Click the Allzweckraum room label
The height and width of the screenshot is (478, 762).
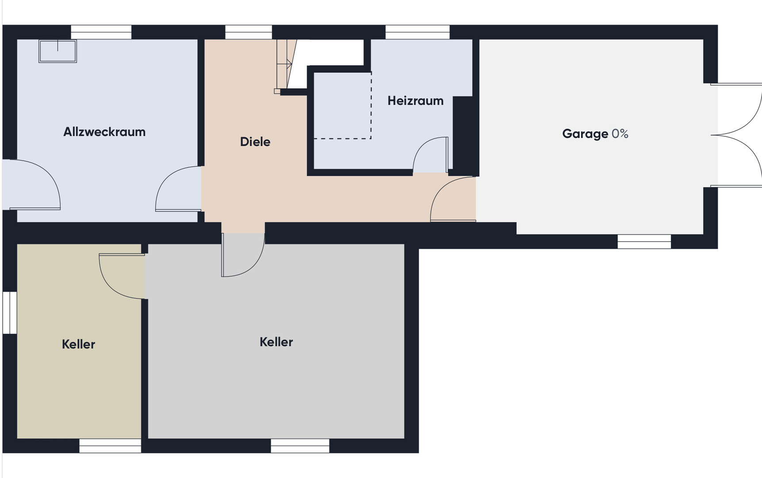click(104, 132)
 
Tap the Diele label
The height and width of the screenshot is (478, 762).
click(255, 142)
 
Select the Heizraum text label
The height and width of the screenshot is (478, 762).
click(416, 101)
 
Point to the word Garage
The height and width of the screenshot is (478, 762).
click(585, 134)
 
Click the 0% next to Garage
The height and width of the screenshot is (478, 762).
click(620, 134)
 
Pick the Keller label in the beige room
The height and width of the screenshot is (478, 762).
click(78, 344)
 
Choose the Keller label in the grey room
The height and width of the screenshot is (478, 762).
click(276, 342)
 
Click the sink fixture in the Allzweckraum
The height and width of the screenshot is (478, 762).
click(58, 51)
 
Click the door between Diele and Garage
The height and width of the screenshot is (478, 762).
click(453, 199)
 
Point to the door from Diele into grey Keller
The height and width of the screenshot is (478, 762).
click(243, 254)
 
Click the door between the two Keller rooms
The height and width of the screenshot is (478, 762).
click(122, 276)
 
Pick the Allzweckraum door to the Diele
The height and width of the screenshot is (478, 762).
click(178, 189)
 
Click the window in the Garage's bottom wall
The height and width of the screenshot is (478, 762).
click(644, 242)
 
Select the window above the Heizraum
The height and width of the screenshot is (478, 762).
click(417, 32)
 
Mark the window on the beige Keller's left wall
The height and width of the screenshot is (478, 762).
click(10, 312)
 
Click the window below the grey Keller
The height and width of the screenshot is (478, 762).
click(300, 446)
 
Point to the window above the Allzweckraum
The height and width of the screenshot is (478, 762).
click(101, 32)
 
